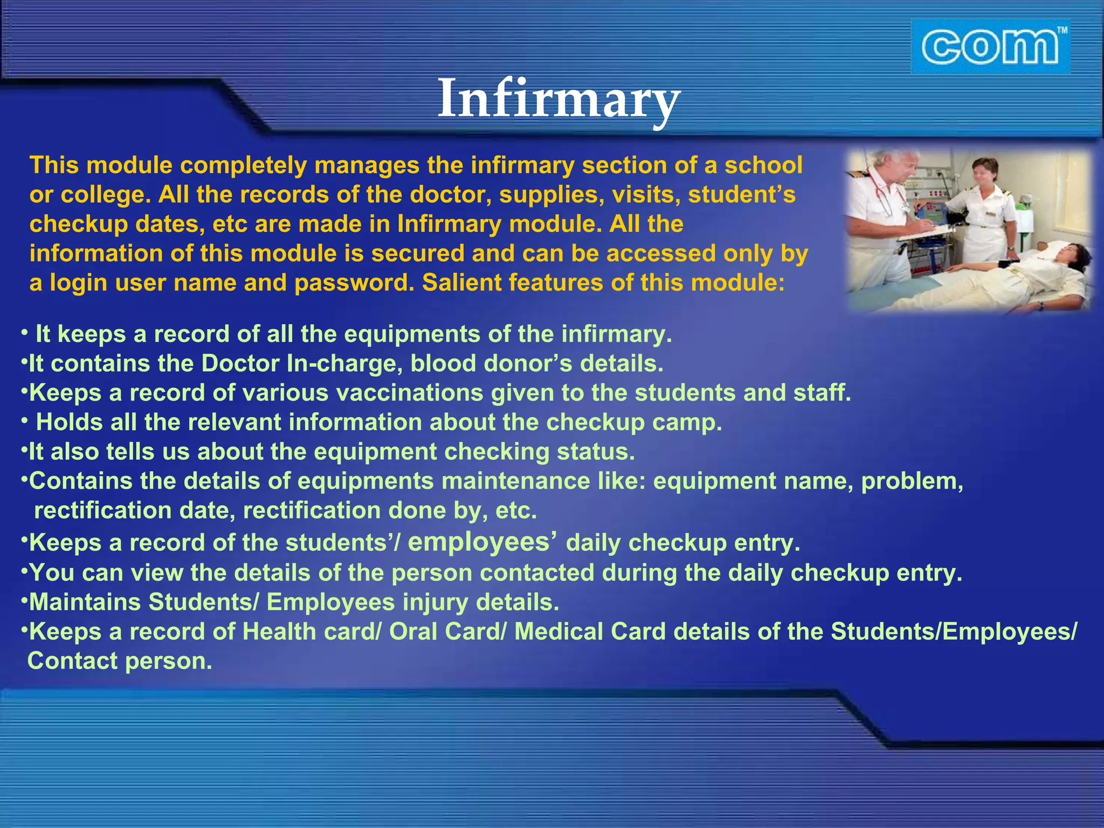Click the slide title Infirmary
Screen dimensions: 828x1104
(x=558, y=100)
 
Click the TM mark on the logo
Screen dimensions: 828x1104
(x=1061, y=31)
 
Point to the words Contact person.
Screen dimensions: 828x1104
(x=120, y=661)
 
